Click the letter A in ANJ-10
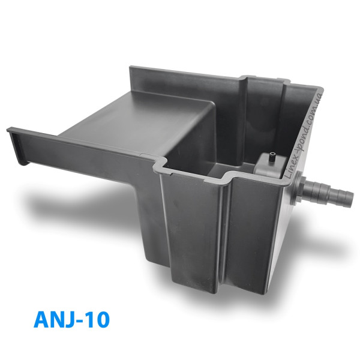[x=43, y=319]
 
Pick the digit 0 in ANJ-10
[x=103, y=319]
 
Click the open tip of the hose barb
[x=350, y=199]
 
